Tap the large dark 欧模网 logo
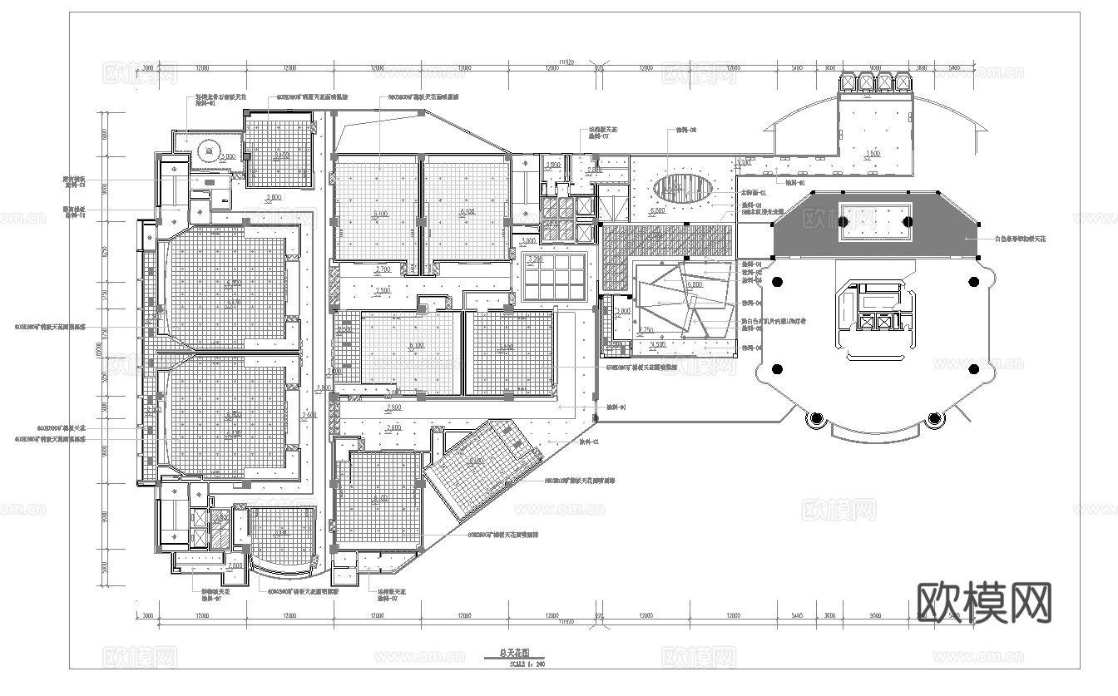(x=984, y=602)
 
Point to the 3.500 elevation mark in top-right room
(x=873, y=154)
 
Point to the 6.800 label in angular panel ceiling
(x=693, y=285)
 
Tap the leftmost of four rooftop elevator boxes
(x=848, y=81)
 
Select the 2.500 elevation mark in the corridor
(x=383, y=290)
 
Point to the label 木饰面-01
(x=752, y=192)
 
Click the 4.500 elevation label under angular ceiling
(x=657, y=344)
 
